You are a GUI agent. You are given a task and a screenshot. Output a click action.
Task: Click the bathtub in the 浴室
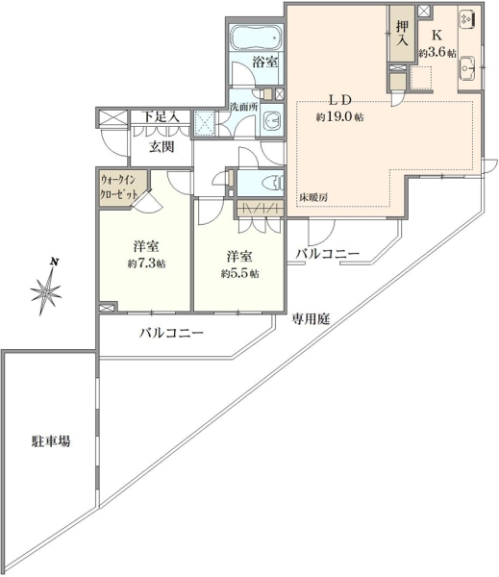coord(256,38)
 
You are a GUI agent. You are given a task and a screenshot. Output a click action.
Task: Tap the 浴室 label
coord(265,62)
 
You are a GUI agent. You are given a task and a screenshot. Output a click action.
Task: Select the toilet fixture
coord(272,183)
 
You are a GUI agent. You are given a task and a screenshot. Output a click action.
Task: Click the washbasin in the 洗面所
coord(273,120)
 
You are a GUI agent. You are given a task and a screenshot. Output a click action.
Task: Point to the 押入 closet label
coord(402,33)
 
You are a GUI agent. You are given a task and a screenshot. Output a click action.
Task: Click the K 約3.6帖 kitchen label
coord(437,44)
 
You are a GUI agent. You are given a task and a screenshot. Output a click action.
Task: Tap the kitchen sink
coord(468,68)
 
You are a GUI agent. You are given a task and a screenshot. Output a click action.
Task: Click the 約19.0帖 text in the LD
coord(339,117)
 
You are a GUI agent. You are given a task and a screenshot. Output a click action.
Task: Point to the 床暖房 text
coord(312,197)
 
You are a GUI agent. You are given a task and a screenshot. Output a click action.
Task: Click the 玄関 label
coord(162,147)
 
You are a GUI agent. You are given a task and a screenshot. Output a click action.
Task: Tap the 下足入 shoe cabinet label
coord(161,116)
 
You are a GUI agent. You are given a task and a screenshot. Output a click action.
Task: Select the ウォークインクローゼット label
coord(119,188)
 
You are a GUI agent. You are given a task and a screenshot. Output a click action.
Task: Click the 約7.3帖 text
coord(146,263)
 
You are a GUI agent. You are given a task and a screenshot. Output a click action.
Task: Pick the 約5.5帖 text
coord(239,274)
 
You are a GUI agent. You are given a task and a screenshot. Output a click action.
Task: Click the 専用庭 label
coord(311,318)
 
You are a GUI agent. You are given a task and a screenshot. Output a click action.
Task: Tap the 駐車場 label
coord(51,441)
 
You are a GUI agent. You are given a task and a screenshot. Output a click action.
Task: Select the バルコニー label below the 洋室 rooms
coord(171,334)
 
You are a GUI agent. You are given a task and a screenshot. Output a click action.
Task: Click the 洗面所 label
coord(243,107)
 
